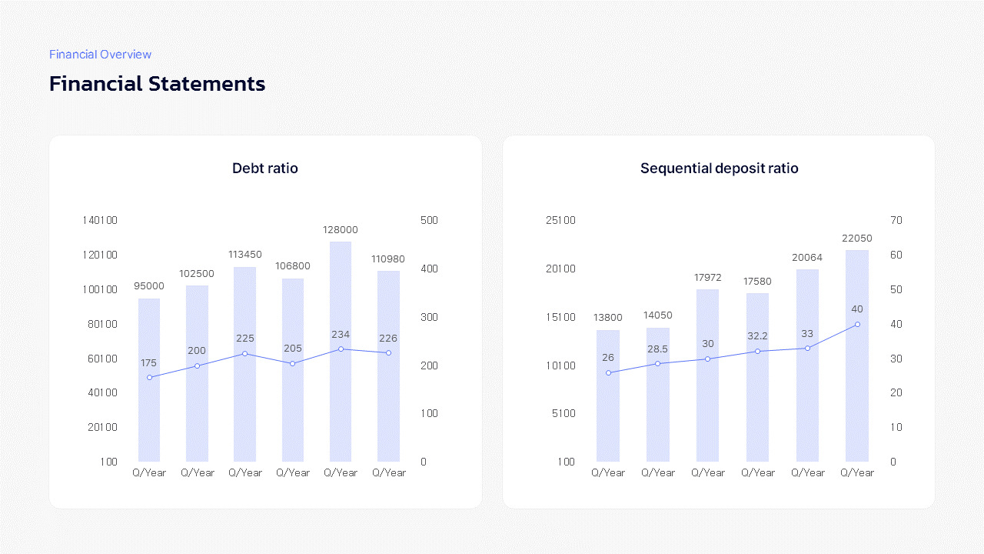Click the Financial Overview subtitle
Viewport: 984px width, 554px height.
coord(100,55)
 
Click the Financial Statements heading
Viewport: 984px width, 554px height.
coord(158,84)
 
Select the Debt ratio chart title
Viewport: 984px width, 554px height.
coord(265,169)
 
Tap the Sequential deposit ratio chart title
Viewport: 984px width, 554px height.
coord(719,169)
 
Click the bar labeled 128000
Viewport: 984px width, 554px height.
coord(341,352)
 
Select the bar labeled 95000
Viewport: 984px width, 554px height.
coord(149,380)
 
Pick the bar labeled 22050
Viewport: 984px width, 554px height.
coord(857,355)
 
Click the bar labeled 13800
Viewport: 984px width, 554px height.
coord(608,395)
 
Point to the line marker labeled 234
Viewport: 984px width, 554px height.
coord(341,349)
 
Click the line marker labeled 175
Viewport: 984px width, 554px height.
coord(149,377)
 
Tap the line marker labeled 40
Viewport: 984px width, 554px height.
coord(857,325)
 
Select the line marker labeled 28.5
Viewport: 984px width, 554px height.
coord(657,364)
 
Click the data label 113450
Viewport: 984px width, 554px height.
coord(244,255)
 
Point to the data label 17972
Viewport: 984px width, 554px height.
coord(707,278)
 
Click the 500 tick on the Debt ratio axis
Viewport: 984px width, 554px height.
coord(429,220)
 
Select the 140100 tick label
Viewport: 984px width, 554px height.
coord(100,220)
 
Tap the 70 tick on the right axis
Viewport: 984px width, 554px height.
coord(896,220)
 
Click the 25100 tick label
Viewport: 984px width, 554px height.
coord(560,220)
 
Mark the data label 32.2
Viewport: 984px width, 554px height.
coord(757,336)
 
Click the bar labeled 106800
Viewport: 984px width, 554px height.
coord(293,370)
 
